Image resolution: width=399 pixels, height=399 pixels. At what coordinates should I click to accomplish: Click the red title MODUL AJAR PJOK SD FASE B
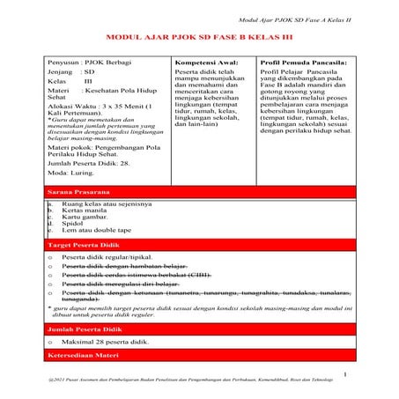(199, 40)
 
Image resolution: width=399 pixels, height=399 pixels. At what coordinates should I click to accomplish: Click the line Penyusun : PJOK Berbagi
(87, 64)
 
